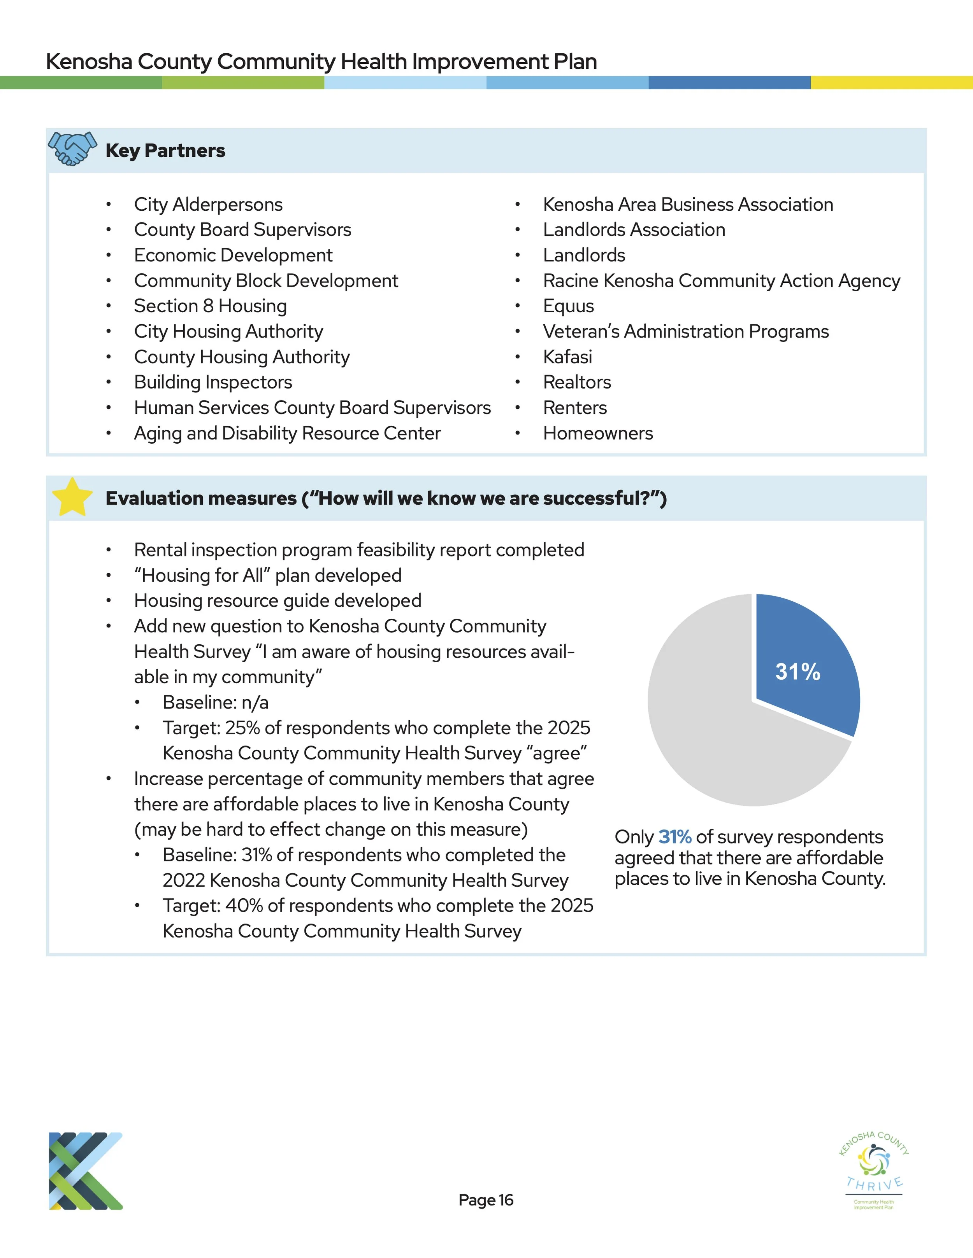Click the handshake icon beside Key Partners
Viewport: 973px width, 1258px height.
coord(72,149)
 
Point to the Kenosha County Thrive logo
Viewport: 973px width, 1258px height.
coord(874,1169)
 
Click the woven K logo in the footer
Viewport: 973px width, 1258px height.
coord(85,1171)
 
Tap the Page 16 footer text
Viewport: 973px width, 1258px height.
coord(485,1200)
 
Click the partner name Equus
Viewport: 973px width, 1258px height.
coord(568,306)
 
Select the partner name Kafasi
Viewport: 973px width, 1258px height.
coord(567,357)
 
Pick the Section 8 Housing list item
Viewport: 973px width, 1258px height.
coord(211,306)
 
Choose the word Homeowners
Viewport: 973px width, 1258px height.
coord(598,433)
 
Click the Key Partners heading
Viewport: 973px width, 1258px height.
coord(165,150)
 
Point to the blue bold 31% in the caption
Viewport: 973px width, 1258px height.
coord(674,836)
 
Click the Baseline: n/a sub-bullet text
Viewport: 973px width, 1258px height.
coord(216,702)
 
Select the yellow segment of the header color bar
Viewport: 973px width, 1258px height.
coord(891,82)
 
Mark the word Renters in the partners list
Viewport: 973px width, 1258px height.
coord(575,408)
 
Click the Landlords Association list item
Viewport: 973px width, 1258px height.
coord(634,230)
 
